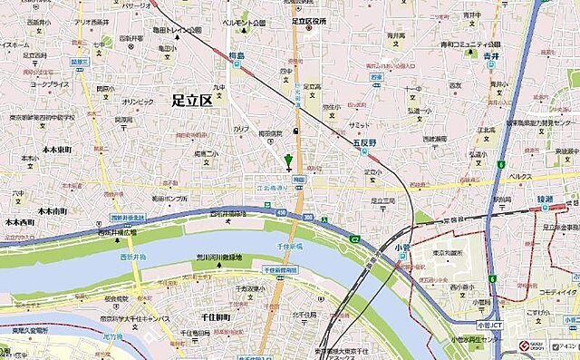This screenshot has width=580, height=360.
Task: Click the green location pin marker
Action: (289, 163)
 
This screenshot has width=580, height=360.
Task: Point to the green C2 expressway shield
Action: (356, 238)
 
